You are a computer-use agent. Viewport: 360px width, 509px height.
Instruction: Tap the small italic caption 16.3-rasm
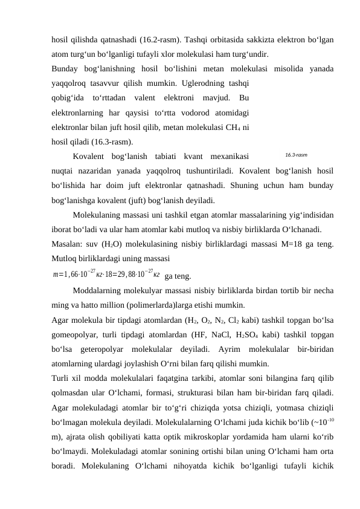(x=297, y=155)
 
